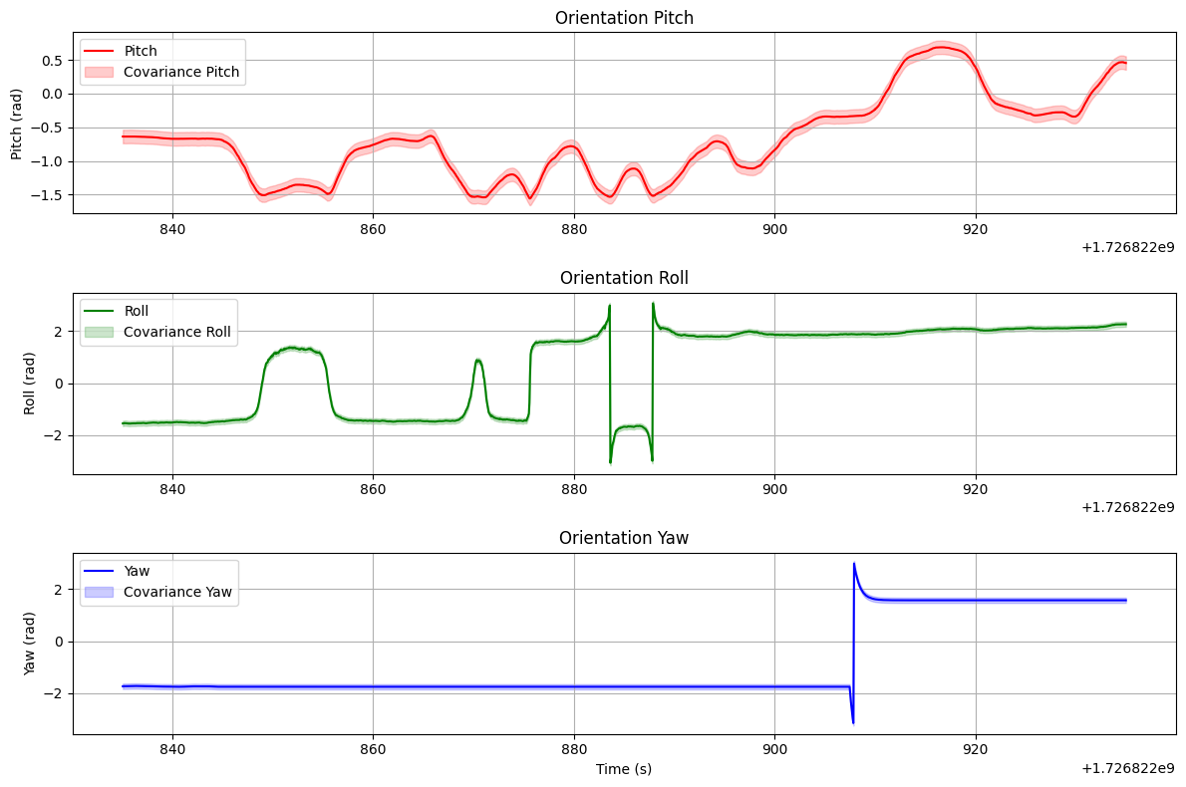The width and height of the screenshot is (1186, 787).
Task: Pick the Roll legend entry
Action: [x=141, y=311]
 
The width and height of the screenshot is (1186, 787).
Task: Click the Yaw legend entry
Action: [x=141, y=571]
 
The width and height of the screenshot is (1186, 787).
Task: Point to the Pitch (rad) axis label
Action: [x=17, y=120]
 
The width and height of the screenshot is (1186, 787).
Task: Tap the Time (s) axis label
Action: [x=624, y=769]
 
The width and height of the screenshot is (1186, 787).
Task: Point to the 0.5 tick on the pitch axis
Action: [x=51, y=60]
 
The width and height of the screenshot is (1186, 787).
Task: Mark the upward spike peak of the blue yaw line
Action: [x=854, y=564]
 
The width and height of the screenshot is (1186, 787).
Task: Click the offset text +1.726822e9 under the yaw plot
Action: [x=1127, y=768]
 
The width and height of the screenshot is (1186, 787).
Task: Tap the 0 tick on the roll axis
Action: [x=60, y=384]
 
